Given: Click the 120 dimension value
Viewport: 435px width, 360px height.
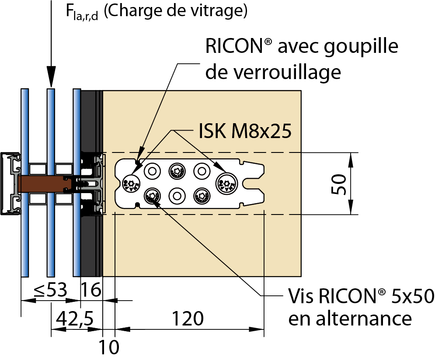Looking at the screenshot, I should tap(187, 318).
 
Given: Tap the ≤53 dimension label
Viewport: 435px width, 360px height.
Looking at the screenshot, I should tap(50, 290).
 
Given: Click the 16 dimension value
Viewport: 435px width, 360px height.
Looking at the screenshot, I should tap(91, 290).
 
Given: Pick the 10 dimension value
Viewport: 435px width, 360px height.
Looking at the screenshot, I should tap(108, 347).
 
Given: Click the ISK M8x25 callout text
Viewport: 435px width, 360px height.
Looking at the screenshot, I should tap(245, 131).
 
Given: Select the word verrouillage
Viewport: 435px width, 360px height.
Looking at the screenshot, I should tap(273, 72).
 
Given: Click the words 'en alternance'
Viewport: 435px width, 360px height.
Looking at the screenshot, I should tap(350, 318).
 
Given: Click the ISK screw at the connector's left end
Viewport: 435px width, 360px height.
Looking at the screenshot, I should tap(130, 184).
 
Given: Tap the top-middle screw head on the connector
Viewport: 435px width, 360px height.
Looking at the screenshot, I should tap(177, 170).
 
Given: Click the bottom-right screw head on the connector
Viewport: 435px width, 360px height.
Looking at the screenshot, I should tap(202, 194).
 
